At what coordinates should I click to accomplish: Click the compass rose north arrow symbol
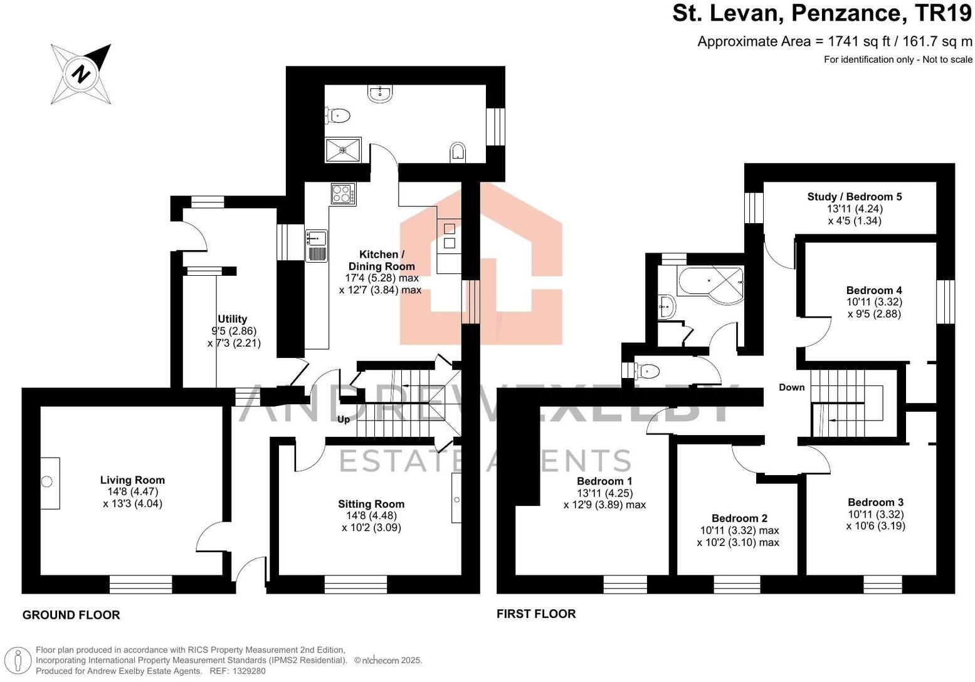[x=82, y=74]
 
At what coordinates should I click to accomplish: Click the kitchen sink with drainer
[x=317, y=245]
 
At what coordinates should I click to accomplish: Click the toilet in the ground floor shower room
[x=339, y=115]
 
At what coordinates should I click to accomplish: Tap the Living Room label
[x=132, y=480]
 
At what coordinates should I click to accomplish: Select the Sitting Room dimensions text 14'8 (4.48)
[x=371, y=516]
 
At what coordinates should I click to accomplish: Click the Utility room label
[x=232, y=319]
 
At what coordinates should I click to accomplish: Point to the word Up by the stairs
[x=344, y=419]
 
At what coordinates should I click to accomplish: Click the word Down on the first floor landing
[x=791, y=387]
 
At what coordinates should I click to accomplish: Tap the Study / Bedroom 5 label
[x=854, y=197]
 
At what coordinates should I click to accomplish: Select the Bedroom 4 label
[x=873, y=290]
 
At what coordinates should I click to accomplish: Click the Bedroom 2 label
[x=739, y=518]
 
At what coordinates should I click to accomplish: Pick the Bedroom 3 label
[x=875, y=502]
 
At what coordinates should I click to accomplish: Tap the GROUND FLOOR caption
[x=71, y=615]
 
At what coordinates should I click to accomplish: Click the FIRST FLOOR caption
[x=536, y=614]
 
